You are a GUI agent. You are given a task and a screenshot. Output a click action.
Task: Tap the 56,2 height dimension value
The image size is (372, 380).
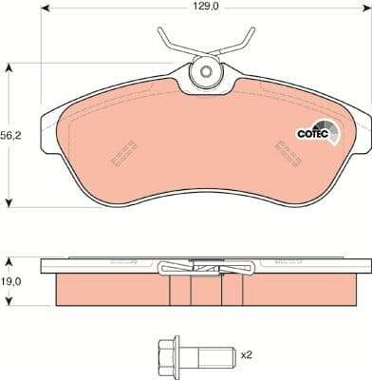click(13, 134)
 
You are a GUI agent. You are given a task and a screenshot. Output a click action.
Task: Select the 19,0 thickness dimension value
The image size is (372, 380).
click(13, 281)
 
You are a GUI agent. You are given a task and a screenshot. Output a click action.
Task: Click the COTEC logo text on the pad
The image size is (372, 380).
click(314, 134)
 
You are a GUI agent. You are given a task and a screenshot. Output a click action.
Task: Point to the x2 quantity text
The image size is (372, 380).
click(246, 354)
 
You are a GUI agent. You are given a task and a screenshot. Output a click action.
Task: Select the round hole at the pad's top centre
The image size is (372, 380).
click(204, 72)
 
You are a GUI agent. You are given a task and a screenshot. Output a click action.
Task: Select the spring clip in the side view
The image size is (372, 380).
click(204, 268)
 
